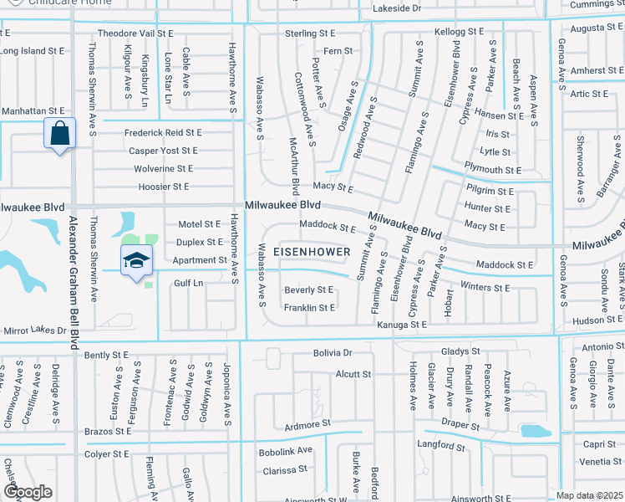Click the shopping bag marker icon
[x=60, y=134]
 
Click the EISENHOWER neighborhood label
[x=312, y=252]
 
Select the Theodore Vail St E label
[x=135, y=33]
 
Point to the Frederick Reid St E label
[x=164, y=132]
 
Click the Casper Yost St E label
[x=163, y=151]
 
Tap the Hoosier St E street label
[x=159, y=187]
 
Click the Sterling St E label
[x=310, y=33]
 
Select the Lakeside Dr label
[x=399, y=8]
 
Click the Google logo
[x=28, y=492]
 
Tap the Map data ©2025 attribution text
[x=588, y=495]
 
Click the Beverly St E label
[x=309, y=289]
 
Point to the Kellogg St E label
[x=460, y=31]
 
